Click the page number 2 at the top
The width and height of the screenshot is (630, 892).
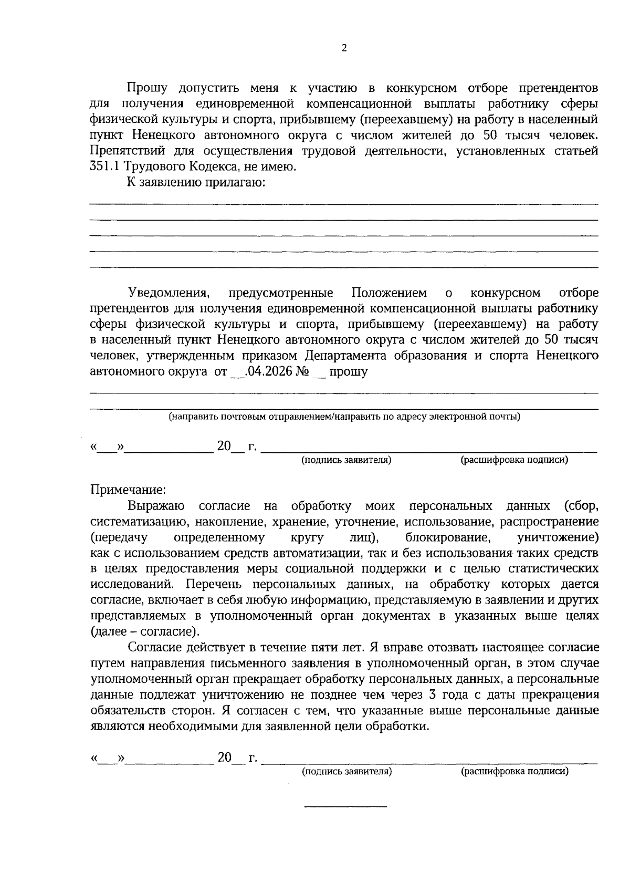tap(344, 48)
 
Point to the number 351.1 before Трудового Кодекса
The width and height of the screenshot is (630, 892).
tap(106, 167)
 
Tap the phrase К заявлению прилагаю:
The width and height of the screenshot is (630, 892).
tap(195, 183)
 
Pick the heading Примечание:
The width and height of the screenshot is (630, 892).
tap(128, 490)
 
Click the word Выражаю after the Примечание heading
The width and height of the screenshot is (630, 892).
tap(156, 506)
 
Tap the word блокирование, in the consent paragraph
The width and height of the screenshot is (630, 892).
tap(448, 537)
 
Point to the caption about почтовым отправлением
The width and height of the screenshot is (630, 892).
tap(344, 417)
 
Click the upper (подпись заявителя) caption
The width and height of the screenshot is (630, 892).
tap(346, 460)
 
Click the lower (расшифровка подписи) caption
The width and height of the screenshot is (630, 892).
tap(514, 772)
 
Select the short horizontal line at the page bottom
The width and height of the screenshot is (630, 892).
tap(346, 806)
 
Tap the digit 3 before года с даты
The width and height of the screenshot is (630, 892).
tap(432, 695)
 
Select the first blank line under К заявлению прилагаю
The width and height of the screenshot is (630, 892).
tap(344, 204)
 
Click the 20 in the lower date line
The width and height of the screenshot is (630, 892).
tap(224, 758)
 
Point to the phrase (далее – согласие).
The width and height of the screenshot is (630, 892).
tap(145, 631)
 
